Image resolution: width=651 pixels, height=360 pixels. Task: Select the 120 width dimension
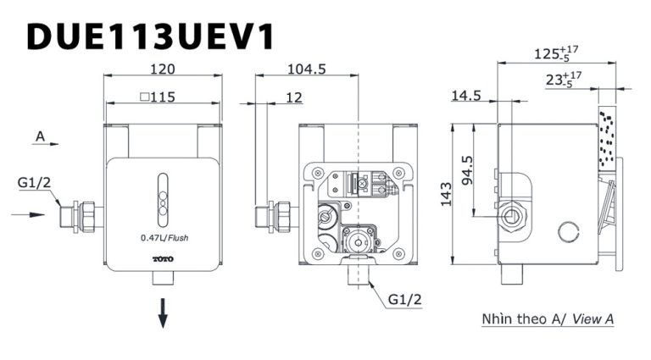tap(162, 68)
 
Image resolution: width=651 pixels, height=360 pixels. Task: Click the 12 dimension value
tap(294, 98)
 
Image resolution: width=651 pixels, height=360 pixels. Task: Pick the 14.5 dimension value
tap(465, 96)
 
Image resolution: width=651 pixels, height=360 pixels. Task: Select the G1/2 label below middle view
tap(404, 300)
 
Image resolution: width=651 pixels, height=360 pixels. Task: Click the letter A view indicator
tap(39, 136)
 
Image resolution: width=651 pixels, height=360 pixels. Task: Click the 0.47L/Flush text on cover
tap(164, 238)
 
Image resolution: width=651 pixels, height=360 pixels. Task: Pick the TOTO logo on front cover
tap(162, 258)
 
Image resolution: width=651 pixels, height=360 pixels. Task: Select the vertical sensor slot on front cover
tap(163, 197)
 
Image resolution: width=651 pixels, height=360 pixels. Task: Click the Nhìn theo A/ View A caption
tap(547, 319)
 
